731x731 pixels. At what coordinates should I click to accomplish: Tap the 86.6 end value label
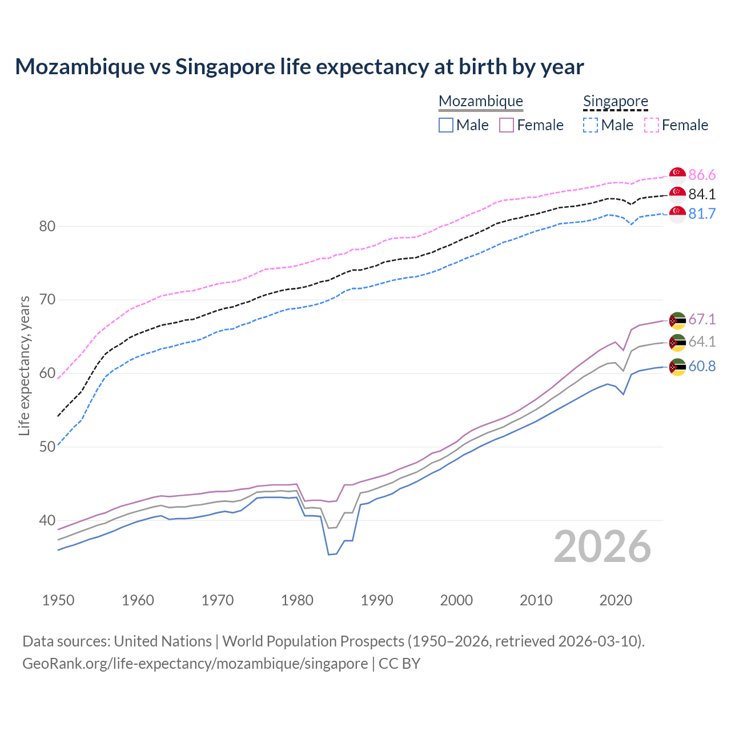point(702,175)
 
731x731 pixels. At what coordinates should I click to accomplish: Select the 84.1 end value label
point(702,194)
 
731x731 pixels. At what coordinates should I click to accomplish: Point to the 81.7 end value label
point(702,214)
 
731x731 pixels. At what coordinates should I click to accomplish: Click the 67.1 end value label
point(702,319)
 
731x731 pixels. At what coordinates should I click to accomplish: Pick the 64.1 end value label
point(702,342)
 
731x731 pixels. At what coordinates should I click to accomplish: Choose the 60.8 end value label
point(702,366)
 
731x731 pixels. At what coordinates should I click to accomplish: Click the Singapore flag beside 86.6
point(677,175)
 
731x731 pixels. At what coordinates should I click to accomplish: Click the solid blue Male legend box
point(446,125)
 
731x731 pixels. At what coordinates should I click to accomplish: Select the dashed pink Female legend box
point(652,125)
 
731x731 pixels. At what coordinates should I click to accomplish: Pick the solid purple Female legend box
point(507,125)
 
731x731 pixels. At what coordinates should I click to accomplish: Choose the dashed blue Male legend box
point(591,125)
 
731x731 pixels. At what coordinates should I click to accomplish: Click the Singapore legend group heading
point(615,102)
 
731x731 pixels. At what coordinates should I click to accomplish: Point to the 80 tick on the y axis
point(47,226)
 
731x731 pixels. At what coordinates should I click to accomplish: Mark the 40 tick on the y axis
point(47,520)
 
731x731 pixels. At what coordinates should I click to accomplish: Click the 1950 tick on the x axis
point(58,600)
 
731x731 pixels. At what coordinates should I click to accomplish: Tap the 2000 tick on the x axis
point(456,600)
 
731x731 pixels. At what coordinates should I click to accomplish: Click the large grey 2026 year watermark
point(602,547)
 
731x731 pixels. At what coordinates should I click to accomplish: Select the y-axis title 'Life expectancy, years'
point(25,365)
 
